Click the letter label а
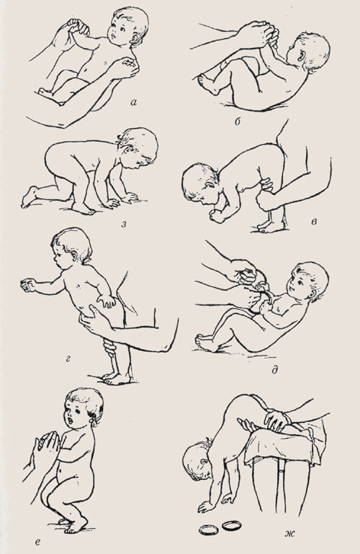[133, 103]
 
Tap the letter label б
[238, 122]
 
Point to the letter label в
[314, 222]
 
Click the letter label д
[275, 370]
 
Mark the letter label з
[124, 223]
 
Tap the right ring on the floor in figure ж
[231, 526]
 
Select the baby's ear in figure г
[74, 255]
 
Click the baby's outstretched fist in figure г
[27, 284]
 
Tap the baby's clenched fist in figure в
[217, 217]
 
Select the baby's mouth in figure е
[72, 421]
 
